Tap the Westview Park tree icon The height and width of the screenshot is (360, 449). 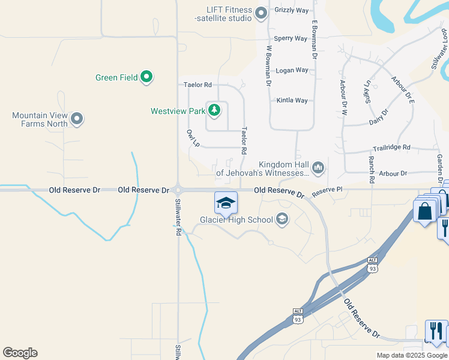tap(214, 110)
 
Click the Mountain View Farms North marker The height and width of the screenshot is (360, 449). tap(77, 119)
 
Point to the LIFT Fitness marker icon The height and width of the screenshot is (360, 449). tap(261, 12)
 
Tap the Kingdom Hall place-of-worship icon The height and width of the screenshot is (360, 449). tap(318, 167)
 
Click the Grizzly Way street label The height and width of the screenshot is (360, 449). tap(291, 10)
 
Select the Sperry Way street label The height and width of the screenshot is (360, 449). tap(291, 38)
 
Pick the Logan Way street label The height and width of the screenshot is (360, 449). tap(292, 70)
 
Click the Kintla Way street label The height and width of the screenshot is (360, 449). tap(292, 100)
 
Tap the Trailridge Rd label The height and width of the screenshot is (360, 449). tap(391, 147)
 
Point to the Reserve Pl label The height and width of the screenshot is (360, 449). tap(327, 190)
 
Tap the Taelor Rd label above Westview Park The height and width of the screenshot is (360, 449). tap(197, 85)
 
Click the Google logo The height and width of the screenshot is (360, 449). tap(20, 353)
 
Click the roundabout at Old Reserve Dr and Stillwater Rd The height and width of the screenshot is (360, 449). tap(178, 190)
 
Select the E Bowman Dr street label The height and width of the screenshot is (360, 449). tap(314, 40)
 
